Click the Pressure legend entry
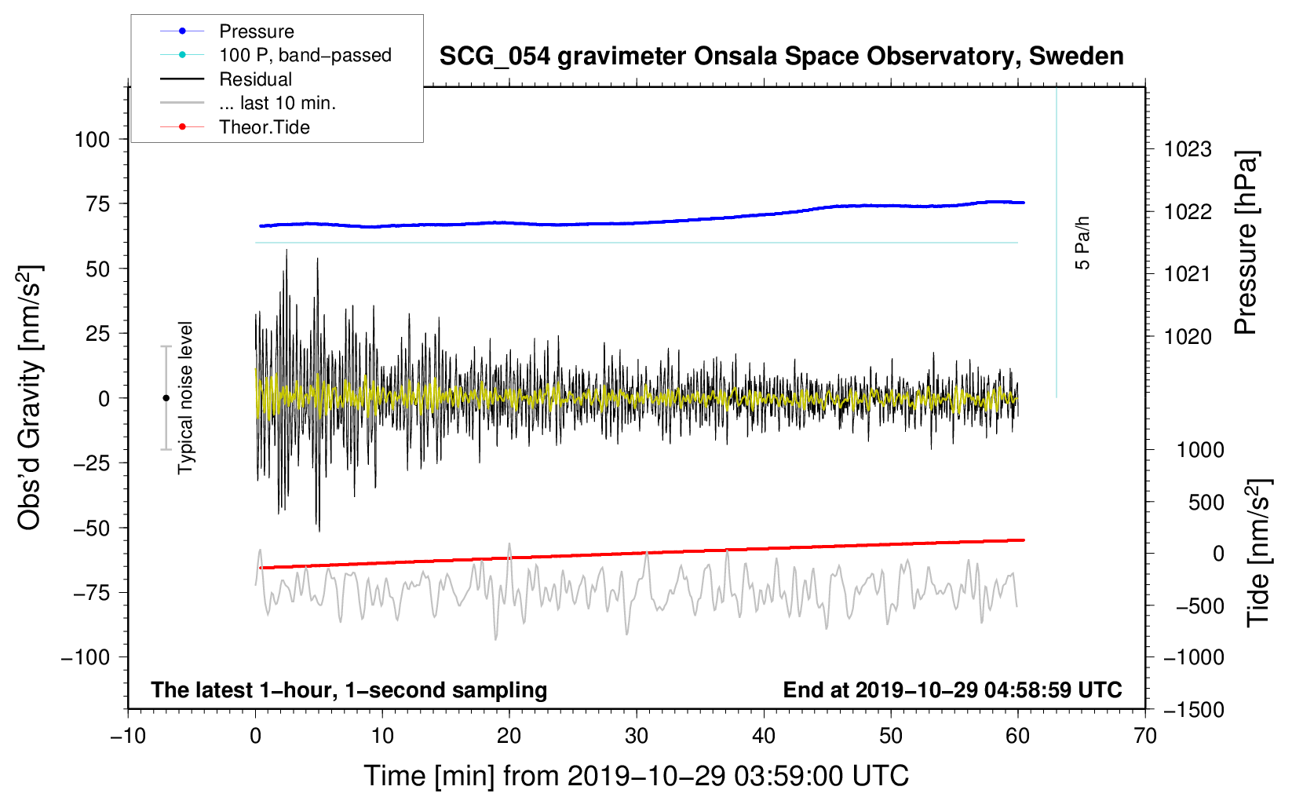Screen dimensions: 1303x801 pyautogui.click(x=228, y=31)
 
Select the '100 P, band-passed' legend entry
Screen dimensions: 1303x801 pyautogui.click(x=276, y=55)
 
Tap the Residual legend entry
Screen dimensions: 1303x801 pyautogui.click(x=226, y=79)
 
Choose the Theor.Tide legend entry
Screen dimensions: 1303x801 pyautogui.click(x=235, y=127)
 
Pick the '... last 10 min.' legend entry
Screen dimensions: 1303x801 pyautogui.click(x=248, y=103)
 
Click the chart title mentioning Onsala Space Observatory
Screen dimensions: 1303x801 pyautogui.click(x=781, y=57)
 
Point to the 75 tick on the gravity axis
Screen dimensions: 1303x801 pyautogui.click(x=97, y=204)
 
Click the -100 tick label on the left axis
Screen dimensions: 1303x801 pyautogui.click(x=86, y=657)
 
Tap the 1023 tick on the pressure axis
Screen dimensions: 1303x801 pyautogui.click(x=1188, y=150)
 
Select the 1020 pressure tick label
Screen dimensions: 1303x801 pyautogui.click(x=1188, y=336)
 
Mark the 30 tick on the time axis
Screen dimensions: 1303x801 pyautogui.click(x=637, y=736)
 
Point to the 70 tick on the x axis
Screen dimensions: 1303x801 pyautogui.click(x=1144, y=736)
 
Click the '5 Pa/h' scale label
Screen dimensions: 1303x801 pyautogui.click(x=1082, y=243)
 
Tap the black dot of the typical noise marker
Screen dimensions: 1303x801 pyautogui.click(x=166, y=398)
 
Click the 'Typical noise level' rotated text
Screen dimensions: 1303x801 pyautogui.click(x=185, y=397)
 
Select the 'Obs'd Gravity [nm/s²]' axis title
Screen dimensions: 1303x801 pyautogui.click(x=31, y=397)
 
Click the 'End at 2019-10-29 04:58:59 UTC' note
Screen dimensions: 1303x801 pyautogui.click(x=952, y=689)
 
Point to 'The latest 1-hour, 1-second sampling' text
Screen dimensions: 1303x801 pyautogui.click(x=349, y=690)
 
